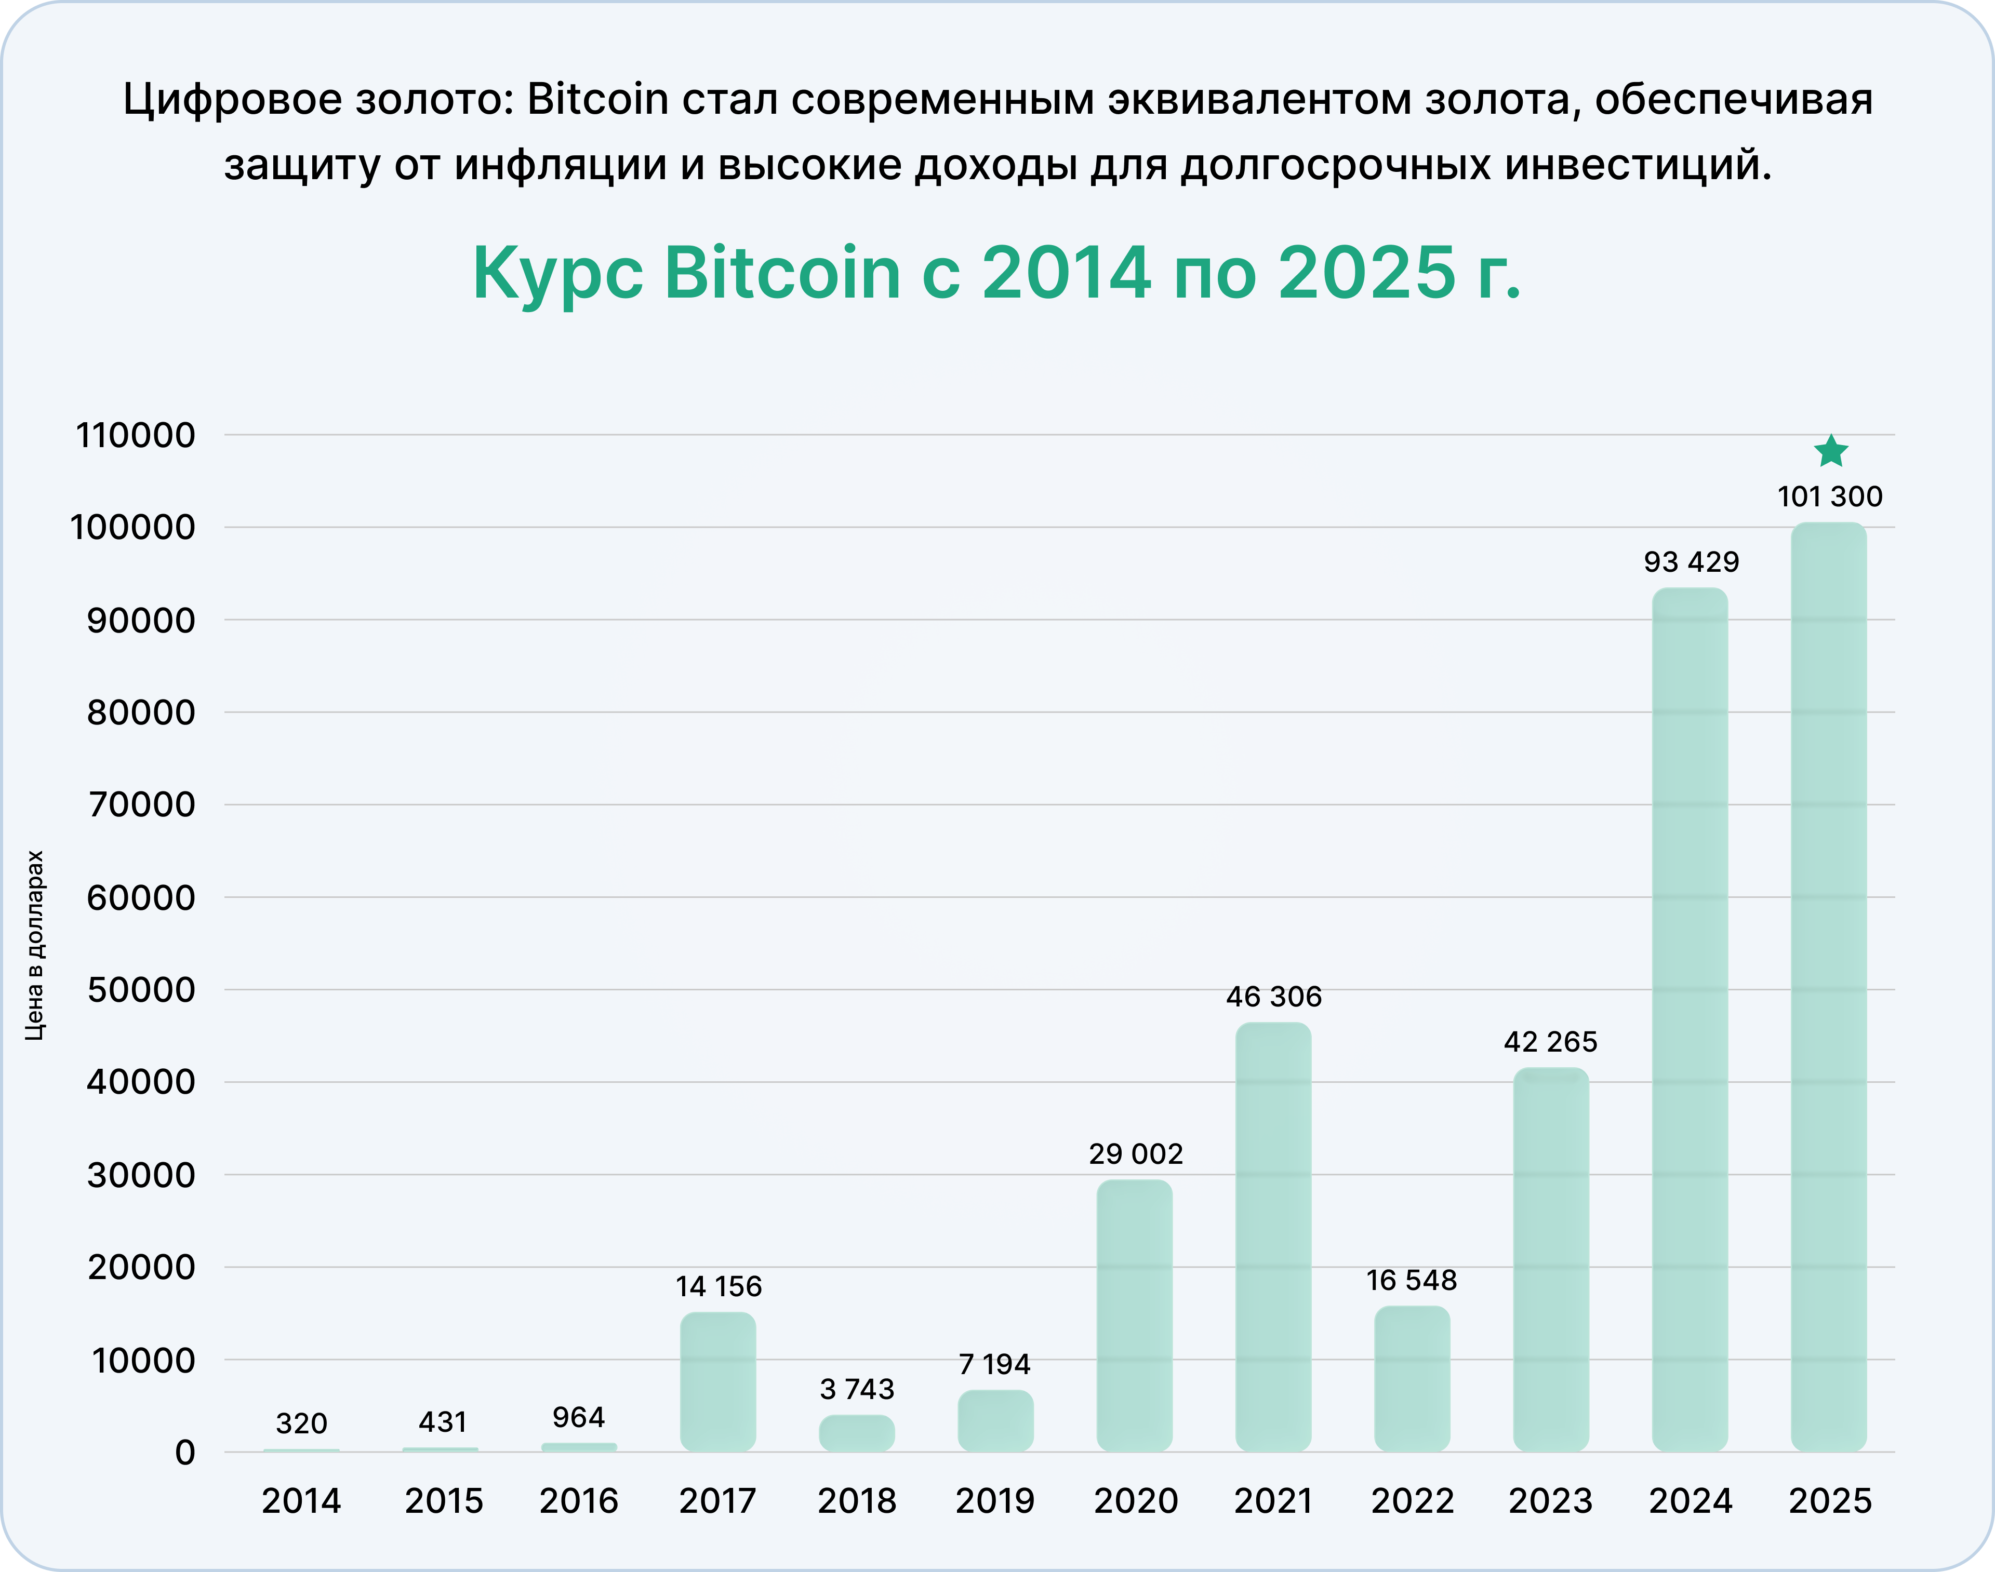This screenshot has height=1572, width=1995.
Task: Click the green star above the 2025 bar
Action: point(1830,452)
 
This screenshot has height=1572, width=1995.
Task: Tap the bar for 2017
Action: point(718,1380)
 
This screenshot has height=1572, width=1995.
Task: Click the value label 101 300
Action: point(1829,497)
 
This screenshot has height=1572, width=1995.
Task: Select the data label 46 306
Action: point(1273,997)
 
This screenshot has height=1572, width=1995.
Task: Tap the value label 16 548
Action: point(1412,1280)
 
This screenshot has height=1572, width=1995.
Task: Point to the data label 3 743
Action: point(857,1389)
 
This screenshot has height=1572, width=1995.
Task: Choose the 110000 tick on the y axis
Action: point(136,435)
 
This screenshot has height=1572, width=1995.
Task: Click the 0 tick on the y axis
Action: point(185,1453)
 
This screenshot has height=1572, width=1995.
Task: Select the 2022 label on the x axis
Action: point(1412,1501)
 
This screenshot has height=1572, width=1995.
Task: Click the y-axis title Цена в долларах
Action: point(34,945)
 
